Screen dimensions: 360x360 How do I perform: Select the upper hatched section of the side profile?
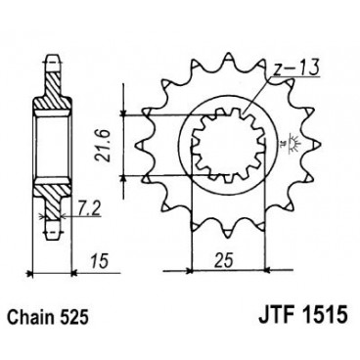tap(50, 91)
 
